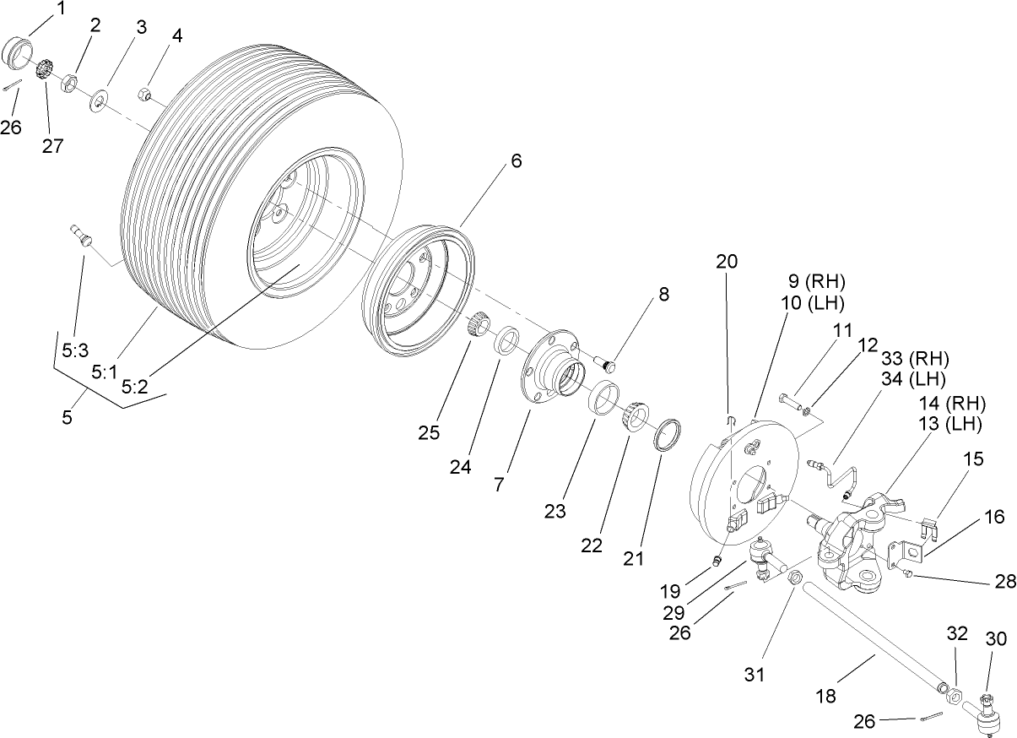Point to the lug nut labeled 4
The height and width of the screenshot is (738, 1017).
(145, 94)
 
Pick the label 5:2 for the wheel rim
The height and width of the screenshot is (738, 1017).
(136, 388)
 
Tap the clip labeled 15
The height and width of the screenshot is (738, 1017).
(929, 528)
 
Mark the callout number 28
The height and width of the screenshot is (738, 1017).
(1005, 582)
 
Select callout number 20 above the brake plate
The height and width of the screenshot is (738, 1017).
(727, 262)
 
